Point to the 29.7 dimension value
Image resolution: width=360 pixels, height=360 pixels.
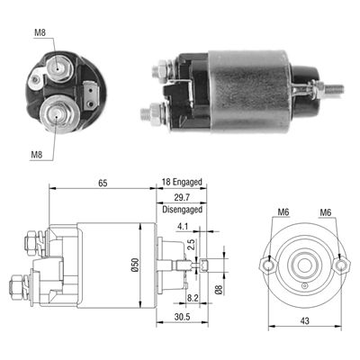pos(183,196)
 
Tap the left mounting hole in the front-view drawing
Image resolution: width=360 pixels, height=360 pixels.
pos(267,265)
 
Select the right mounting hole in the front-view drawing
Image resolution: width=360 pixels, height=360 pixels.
pos(340,265)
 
